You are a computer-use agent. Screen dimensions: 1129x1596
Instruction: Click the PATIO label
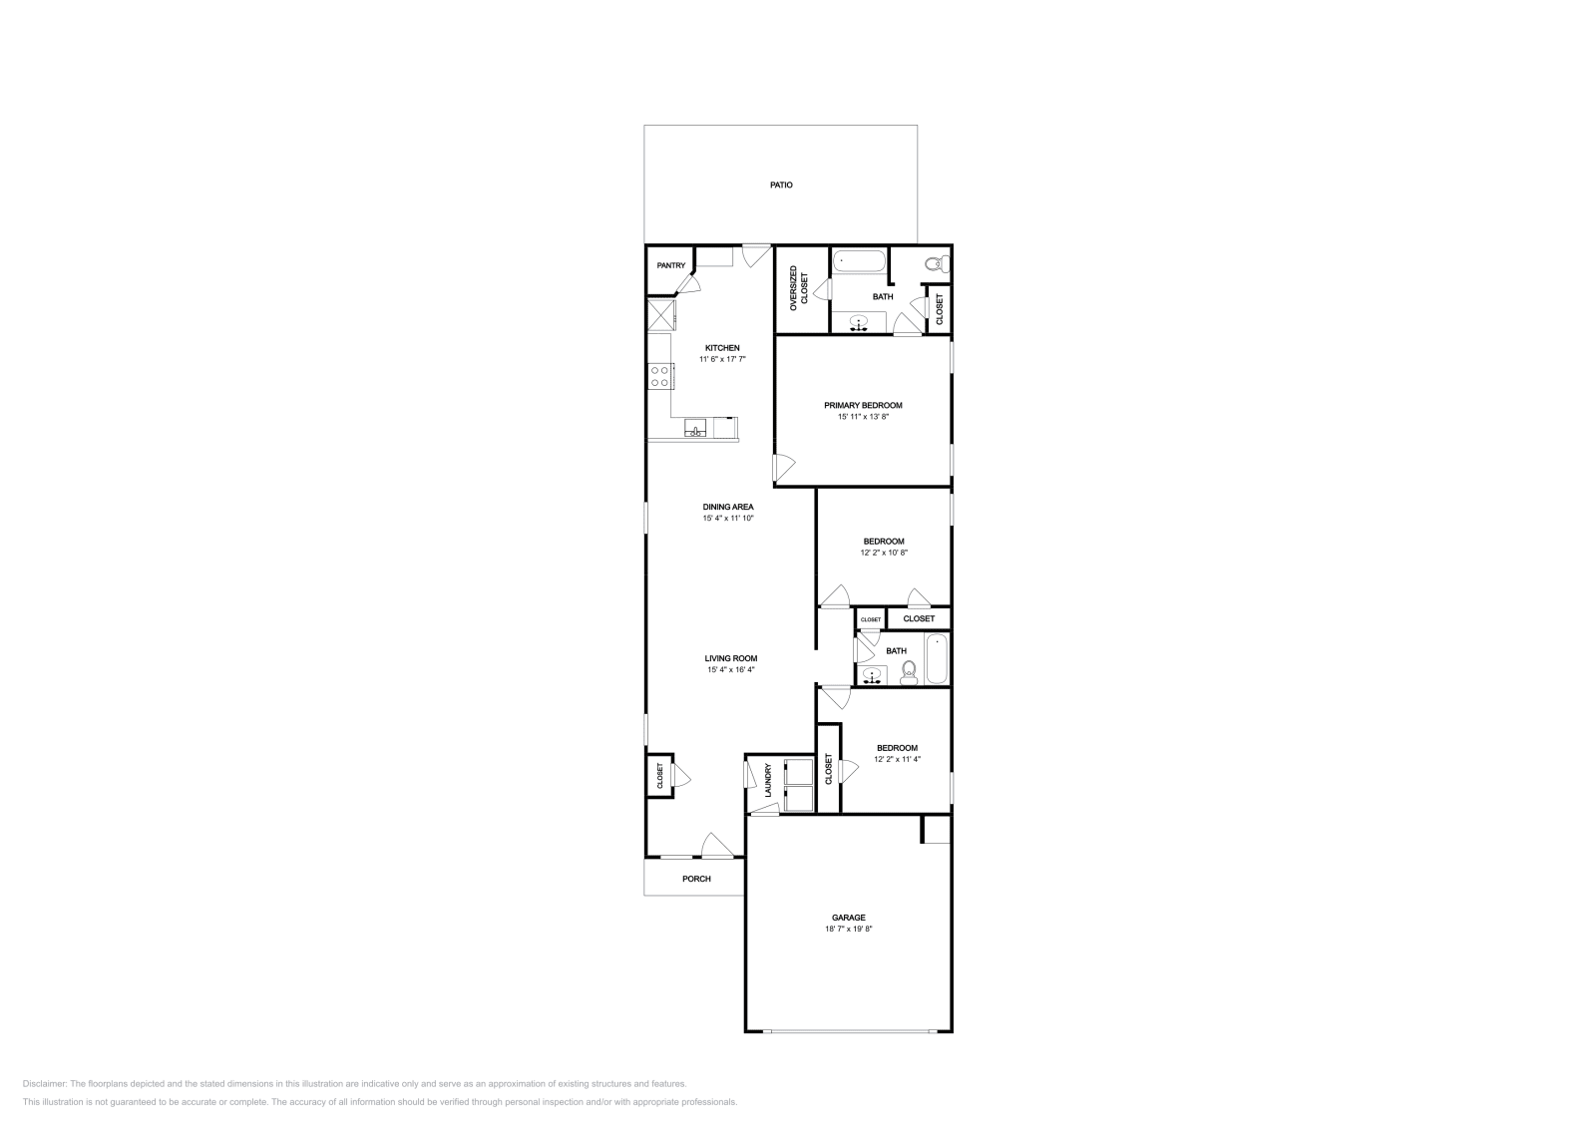[x=781, y=186]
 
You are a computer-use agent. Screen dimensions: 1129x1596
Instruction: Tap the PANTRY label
[x=670, y=265]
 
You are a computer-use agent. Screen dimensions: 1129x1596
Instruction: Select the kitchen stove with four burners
[x=659, y=376]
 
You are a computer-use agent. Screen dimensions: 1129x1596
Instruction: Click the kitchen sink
[x=695, y=430]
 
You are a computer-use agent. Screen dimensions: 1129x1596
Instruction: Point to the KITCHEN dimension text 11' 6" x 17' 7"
[x=722, y=359]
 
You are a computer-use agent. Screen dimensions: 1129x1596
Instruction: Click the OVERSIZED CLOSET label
[x=799, y=288]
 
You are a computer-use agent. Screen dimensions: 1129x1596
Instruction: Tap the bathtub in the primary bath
[x=860, y=262]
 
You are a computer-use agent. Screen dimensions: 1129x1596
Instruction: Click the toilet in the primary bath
[x=935, y=264]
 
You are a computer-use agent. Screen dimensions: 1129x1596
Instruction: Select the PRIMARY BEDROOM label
[x=863, y=405]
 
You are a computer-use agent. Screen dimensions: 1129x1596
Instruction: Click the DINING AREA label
[x=728, y=507]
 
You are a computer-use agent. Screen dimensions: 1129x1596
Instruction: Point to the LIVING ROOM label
[x=731, y=658]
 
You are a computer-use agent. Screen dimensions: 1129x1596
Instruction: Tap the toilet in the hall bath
[x=909, y=675]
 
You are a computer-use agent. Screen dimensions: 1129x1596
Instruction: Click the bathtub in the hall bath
[x=936, y=659]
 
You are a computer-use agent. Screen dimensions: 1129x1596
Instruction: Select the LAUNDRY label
[x=768, y=781]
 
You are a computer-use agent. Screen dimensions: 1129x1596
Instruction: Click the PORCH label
[x=696, y=879]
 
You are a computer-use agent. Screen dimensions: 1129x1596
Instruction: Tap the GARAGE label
[x=849, y=918]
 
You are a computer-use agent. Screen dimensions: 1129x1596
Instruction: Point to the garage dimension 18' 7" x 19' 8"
[x=849, y=930]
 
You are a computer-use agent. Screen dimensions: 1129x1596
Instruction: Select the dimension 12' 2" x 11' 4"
[x=897, y=759]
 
